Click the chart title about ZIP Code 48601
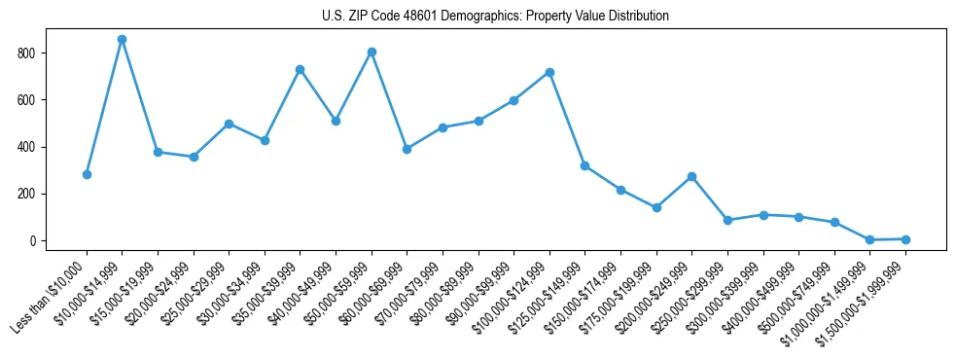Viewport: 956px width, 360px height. point(495,16)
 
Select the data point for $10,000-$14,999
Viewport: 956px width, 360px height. point(122,39)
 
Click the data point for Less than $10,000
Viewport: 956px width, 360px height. point(87,174)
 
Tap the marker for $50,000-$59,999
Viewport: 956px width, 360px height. point(372,52)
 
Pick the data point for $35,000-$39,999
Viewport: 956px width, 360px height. point(300,69)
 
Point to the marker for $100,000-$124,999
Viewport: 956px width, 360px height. point(549,72)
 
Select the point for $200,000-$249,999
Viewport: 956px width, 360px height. point(691,176)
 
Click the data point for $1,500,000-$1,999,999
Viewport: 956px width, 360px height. point(905,239)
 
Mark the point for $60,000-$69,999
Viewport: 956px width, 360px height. point(407,149)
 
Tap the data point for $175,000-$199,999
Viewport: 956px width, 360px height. point(656,207)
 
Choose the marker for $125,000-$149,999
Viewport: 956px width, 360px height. point(584,165)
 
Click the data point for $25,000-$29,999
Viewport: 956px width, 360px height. point(229,124)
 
